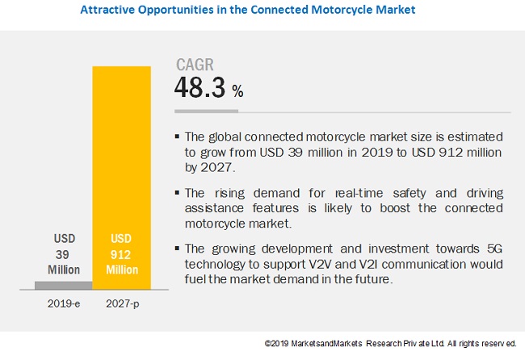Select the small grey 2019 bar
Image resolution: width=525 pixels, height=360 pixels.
pyautogui.click(x=64, y=285)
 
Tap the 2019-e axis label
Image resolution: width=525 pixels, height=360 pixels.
pyautogui.click(x=64, y=306)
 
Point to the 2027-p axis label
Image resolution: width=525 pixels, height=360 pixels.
pyautogui.click(x=122, y=306)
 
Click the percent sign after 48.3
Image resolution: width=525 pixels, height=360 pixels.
pyautogui.click(x=237, y=92)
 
